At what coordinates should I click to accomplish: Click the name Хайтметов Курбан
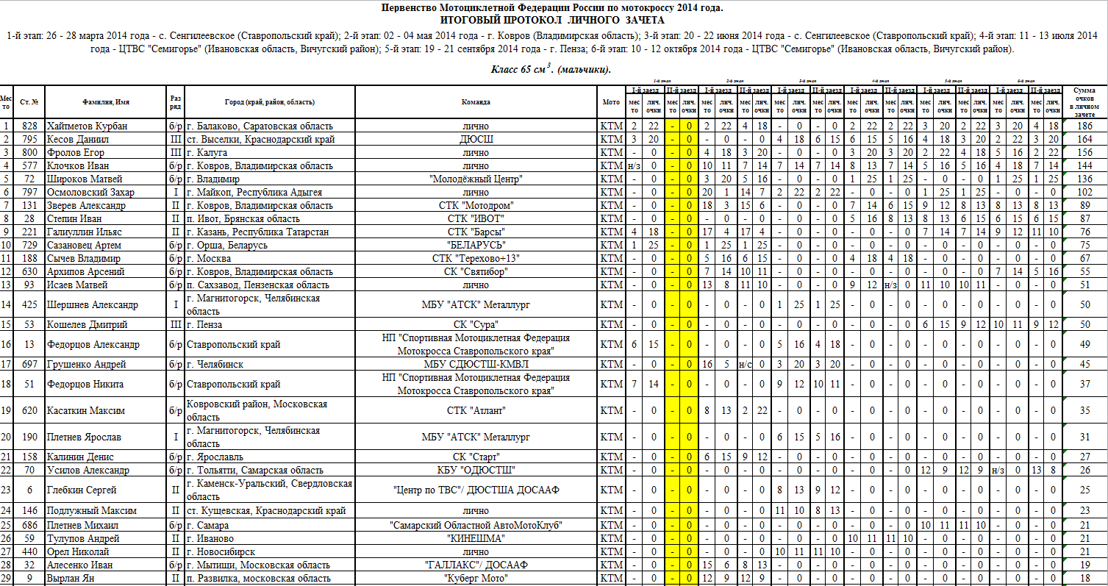(87, 126)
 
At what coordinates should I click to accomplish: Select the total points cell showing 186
(1084, 126)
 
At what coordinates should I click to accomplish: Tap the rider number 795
(29, 139)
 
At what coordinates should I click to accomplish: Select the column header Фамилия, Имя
(102, 102)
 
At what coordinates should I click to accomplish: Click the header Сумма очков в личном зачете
(1084, 101)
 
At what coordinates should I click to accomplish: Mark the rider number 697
(29, 364)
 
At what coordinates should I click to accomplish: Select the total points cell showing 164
(1084, 139)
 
